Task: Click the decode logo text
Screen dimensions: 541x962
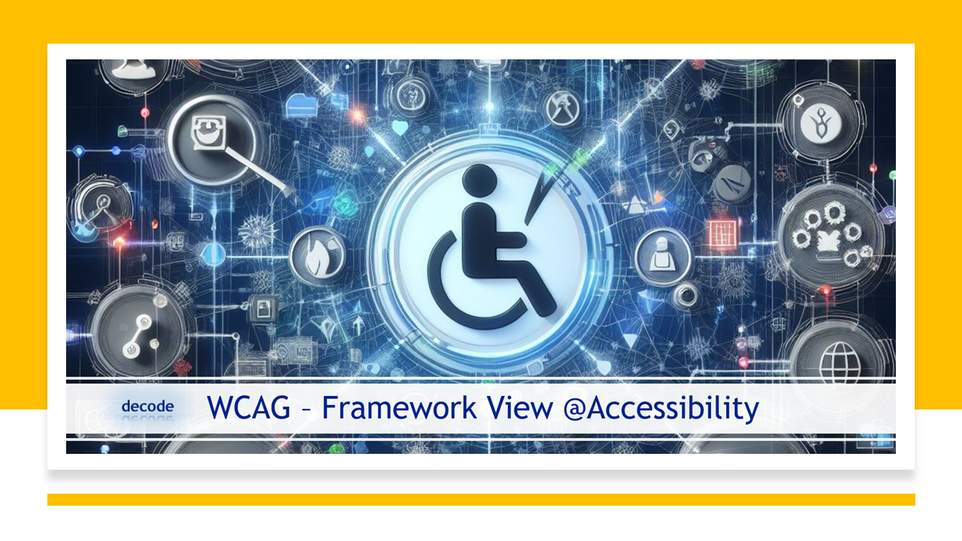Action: [147, 407]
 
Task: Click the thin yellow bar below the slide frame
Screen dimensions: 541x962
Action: [481, 500]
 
